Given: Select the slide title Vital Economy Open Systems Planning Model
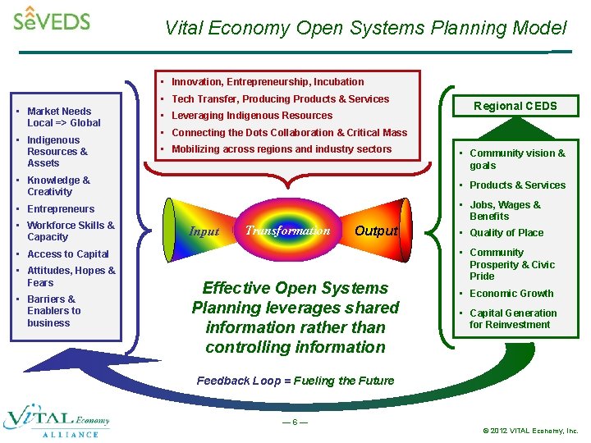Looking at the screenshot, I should click(365, 28).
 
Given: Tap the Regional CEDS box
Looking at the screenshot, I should click(515, 106).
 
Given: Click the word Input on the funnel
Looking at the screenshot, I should click(204, 231).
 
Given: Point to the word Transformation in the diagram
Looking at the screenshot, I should click(287, 231).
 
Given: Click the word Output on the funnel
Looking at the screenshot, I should click(376, 231).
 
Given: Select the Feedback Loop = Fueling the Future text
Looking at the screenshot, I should click(295, 381).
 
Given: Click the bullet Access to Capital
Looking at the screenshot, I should click(67, 254).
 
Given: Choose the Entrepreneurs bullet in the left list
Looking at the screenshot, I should click(60, 209).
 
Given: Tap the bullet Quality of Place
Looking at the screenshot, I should click(506, 233).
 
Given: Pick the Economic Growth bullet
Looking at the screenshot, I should click(511, 294).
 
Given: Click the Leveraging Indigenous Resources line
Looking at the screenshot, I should click(251, 116).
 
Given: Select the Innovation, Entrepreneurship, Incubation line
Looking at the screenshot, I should click(267, 82).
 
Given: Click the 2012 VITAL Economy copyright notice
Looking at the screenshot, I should click(530, 430).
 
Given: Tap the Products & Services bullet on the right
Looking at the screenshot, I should click(516, 185).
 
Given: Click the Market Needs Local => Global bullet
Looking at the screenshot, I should click(63, 117).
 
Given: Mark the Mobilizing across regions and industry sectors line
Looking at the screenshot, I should click(281, 149).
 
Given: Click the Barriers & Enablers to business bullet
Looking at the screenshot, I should click(53, 311).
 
